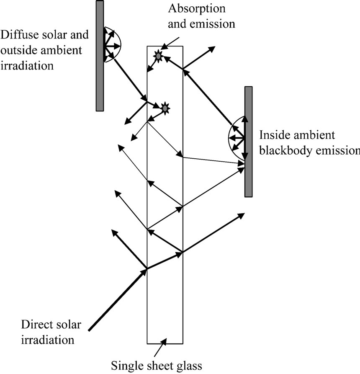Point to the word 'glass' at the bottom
click(x=188, y=366)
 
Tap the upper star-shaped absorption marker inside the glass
click(x=158, y=55)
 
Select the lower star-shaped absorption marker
click(x=165, y=108)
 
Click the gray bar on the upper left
click(x=100, y=55)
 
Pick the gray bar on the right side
click(x=249, y=142)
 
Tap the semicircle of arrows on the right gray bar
click(x=236, y=138)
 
